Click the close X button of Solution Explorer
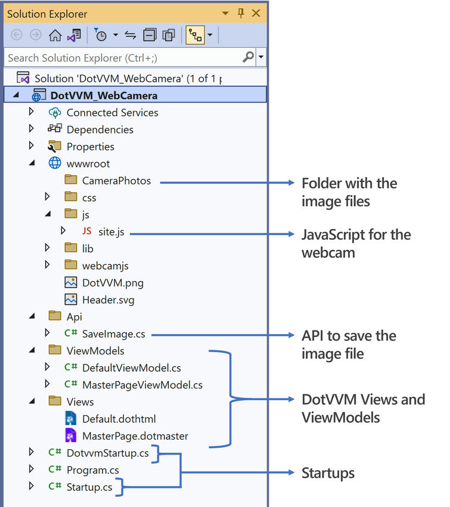(256, 13)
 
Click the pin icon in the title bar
(241, 13)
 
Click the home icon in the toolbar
(55, 35)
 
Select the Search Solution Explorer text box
(122, 58)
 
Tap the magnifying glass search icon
(249, 57)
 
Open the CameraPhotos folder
(116, 180)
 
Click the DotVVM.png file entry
(113, 283)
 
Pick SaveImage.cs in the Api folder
(113, 333)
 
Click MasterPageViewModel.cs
(142, 385)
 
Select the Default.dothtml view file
(119, 419)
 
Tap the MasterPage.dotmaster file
(135, 435)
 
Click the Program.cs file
(92, 469)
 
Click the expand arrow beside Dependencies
(32, 129)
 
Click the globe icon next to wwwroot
(55, 163)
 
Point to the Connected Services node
(112, 112)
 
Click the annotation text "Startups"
(328, 474)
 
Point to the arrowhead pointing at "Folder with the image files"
(292, 183)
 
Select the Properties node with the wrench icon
(90, 146)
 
